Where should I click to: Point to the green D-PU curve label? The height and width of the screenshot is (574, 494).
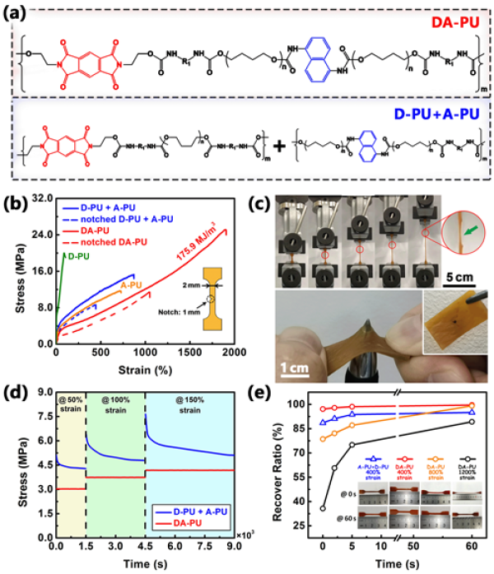tap(77, 257)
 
